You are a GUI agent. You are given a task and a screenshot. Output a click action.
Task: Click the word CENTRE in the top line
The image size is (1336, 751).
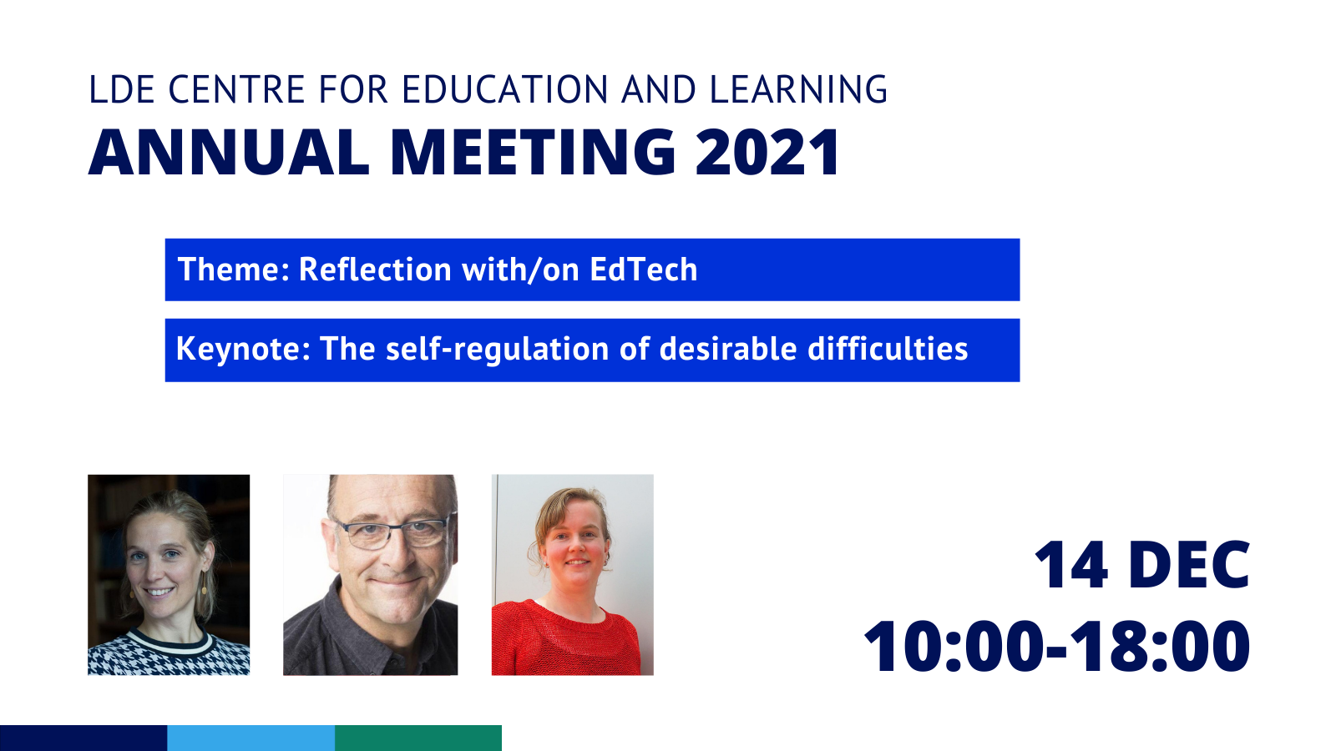pyautogui.click(x=237, y=89)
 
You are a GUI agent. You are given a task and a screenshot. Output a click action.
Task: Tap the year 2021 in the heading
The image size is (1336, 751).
pyautogui.click(x=767, y=152)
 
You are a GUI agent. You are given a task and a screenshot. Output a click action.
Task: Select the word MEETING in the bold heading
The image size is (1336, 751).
pyautogui.click(x=533, y=152)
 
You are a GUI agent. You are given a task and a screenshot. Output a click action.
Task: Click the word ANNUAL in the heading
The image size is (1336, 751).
pyautogui.click(x=229, y=152)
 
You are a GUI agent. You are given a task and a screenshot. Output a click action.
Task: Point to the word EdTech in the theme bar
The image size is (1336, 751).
pyautogui.click(x=644, y=270)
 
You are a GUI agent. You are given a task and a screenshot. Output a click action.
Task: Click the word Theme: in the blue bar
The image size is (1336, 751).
pyautogui.click(x=234, y=270)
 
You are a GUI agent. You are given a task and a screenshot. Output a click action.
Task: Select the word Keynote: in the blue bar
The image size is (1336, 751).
pyautogui.click(x=243, y=350)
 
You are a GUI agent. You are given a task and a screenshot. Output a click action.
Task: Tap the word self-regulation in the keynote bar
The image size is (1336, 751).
pyautogui.click(x=497, y=350)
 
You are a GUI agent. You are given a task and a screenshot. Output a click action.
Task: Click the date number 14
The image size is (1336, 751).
pyautogui.click(x=1071, y=564)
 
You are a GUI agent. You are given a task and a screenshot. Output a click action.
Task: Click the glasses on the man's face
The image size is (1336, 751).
pyautogui.click(x=392, y=533)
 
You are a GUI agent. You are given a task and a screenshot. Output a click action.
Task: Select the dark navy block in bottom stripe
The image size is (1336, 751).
pyautogui.click(x=83, y=738)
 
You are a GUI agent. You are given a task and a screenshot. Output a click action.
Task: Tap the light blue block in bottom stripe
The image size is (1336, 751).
pyautogui.click(x=251, y=738)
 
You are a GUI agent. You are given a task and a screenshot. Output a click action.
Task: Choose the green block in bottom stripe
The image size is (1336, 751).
pyautogui.click(x=418, y=738)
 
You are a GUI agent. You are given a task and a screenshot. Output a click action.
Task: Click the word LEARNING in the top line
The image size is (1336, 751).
pyautogui.click(x=798, y=89)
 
